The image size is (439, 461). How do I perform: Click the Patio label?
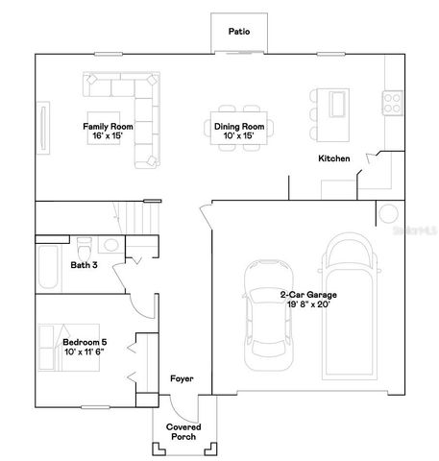239,32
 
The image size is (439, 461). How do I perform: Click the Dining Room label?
239,127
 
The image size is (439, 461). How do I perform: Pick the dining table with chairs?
239,128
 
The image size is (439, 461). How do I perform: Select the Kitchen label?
334,158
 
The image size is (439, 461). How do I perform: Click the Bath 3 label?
85,264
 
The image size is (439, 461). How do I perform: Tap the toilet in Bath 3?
83,244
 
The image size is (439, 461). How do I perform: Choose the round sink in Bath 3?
111,245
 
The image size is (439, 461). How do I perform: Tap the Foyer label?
183,379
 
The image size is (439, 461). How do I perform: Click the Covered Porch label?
183,432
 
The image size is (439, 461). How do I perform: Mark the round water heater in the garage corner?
388,214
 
